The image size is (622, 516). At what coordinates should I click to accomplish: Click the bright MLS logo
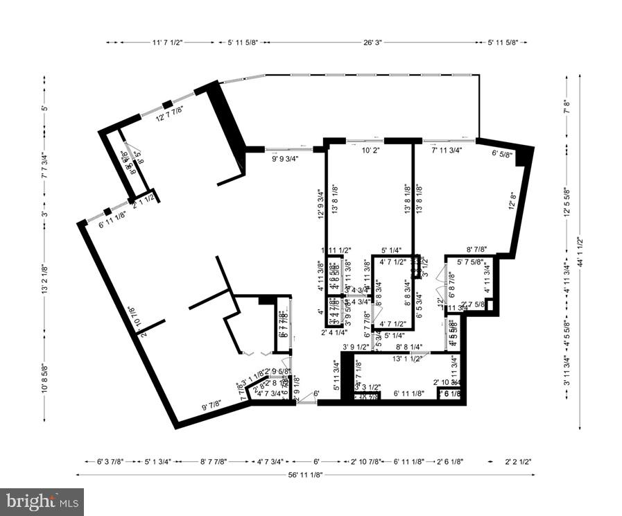(x=42, y=501)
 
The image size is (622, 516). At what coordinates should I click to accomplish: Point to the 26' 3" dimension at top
(x=375, y=43)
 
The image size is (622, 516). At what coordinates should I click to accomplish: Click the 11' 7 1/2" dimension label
(x=167, y=43)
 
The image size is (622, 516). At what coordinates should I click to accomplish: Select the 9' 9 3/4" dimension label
(x=284, y=158)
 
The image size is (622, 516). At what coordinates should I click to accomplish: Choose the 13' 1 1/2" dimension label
(x=407, y=359)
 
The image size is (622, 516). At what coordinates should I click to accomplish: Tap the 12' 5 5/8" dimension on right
(x=568, y=202)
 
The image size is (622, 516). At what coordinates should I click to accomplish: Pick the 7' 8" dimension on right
(x=568, y=107)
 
